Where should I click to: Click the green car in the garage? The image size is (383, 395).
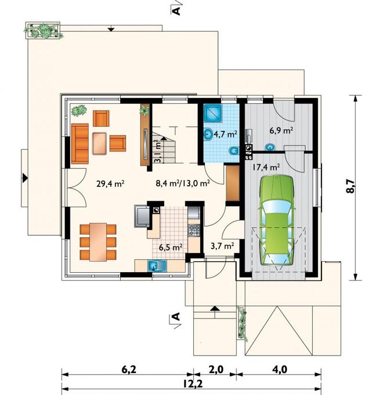[x=277, y=221]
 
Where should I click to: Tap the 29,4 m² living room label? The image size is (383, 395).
[x=110, y=184]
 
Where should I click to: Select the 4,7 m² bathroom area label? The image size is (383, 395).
[x=226, y=134]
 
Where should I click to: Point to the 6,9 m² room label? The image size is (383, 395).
[x=281, y=131]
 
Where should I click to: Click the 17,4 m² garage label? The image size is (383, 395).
[x=266, y=167]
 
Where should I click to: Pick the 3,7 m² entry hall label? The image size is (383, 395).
[x=222, y=246]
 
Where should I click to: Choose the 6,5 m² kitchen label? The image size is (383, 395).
[x=171, y=247]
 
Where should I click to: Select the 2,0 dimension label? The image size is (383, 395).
[x=216, y=370]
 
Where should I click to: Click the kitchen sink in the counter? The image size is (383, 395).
[x=157, y=266]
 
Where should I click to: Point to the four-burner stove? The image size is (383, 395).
[x=194, y=231]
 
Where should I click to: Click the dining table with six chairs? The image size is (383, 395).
[x=98, y=242]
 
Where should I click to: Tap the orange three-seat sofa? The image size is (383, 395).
[x=80, y=144]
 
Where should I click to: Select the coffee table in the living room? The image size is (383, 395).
[x=99, y=143]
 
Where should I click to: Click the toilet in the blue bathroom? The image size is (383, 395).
[x=234, y=151]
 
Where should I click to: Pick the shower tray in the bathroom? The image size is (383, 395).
[x=213, y=113]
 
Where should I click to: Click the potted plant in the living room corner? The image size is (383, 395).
[x=79, y=111]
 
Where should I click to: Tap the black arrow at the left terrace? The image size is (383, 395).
[x=25, y=178]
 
